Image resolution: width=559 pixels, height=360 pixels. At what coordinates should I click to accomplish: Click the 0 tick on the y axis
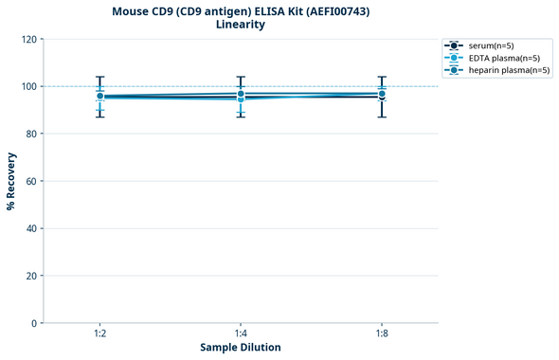pos(33,323)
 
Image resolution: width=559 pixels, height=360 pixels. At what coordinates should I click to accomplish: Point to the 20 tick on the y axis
pos(30,276)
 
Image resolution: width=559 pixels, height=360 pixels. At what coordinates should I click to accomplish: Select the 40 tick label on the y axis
pos(30,228)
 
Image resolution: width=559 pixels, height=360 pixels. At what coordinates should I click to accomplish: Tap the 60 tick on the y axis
pos(30,181)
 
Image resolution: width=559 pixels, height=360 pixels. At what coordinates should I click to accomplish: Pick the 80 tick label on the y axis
pos(30,134)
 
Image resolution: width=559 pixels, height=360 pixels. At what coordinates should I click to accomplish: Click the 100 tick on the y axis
pos(27,86)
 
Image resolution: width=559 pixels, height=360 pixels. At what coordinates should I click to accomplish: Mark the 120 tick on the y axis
pos(27,39)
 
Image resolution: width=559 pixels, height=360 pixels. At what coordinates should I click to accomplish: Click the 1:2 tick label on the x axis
pos(99,334)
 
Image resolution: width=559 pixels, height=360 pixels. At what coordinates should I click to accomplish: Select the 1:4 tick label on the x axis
pos(241,334)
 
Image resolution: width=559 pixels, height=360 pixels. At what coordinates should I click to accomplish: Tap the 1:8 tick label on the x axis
pos(382,334)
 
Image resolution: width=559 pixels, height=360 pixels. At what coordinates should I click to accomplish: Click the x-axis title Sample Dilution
pos(241,348)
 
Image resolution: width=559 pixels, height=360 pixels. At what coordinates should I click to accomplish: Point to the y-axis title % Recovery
pos(11,181)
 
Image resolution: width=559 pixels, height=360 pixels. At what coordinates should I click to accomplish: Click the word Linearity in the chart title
pos(241,25)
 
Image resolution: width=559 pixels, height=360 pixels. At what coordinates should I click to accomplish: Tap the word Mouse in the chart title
pos(131,10)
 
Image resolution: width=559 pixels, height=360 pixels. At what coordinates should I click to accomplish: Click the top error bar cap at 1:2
pos(99,77)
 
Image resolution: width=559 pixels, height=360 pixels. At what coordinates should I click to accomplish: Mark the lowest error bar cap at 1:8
pos(382,117)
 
